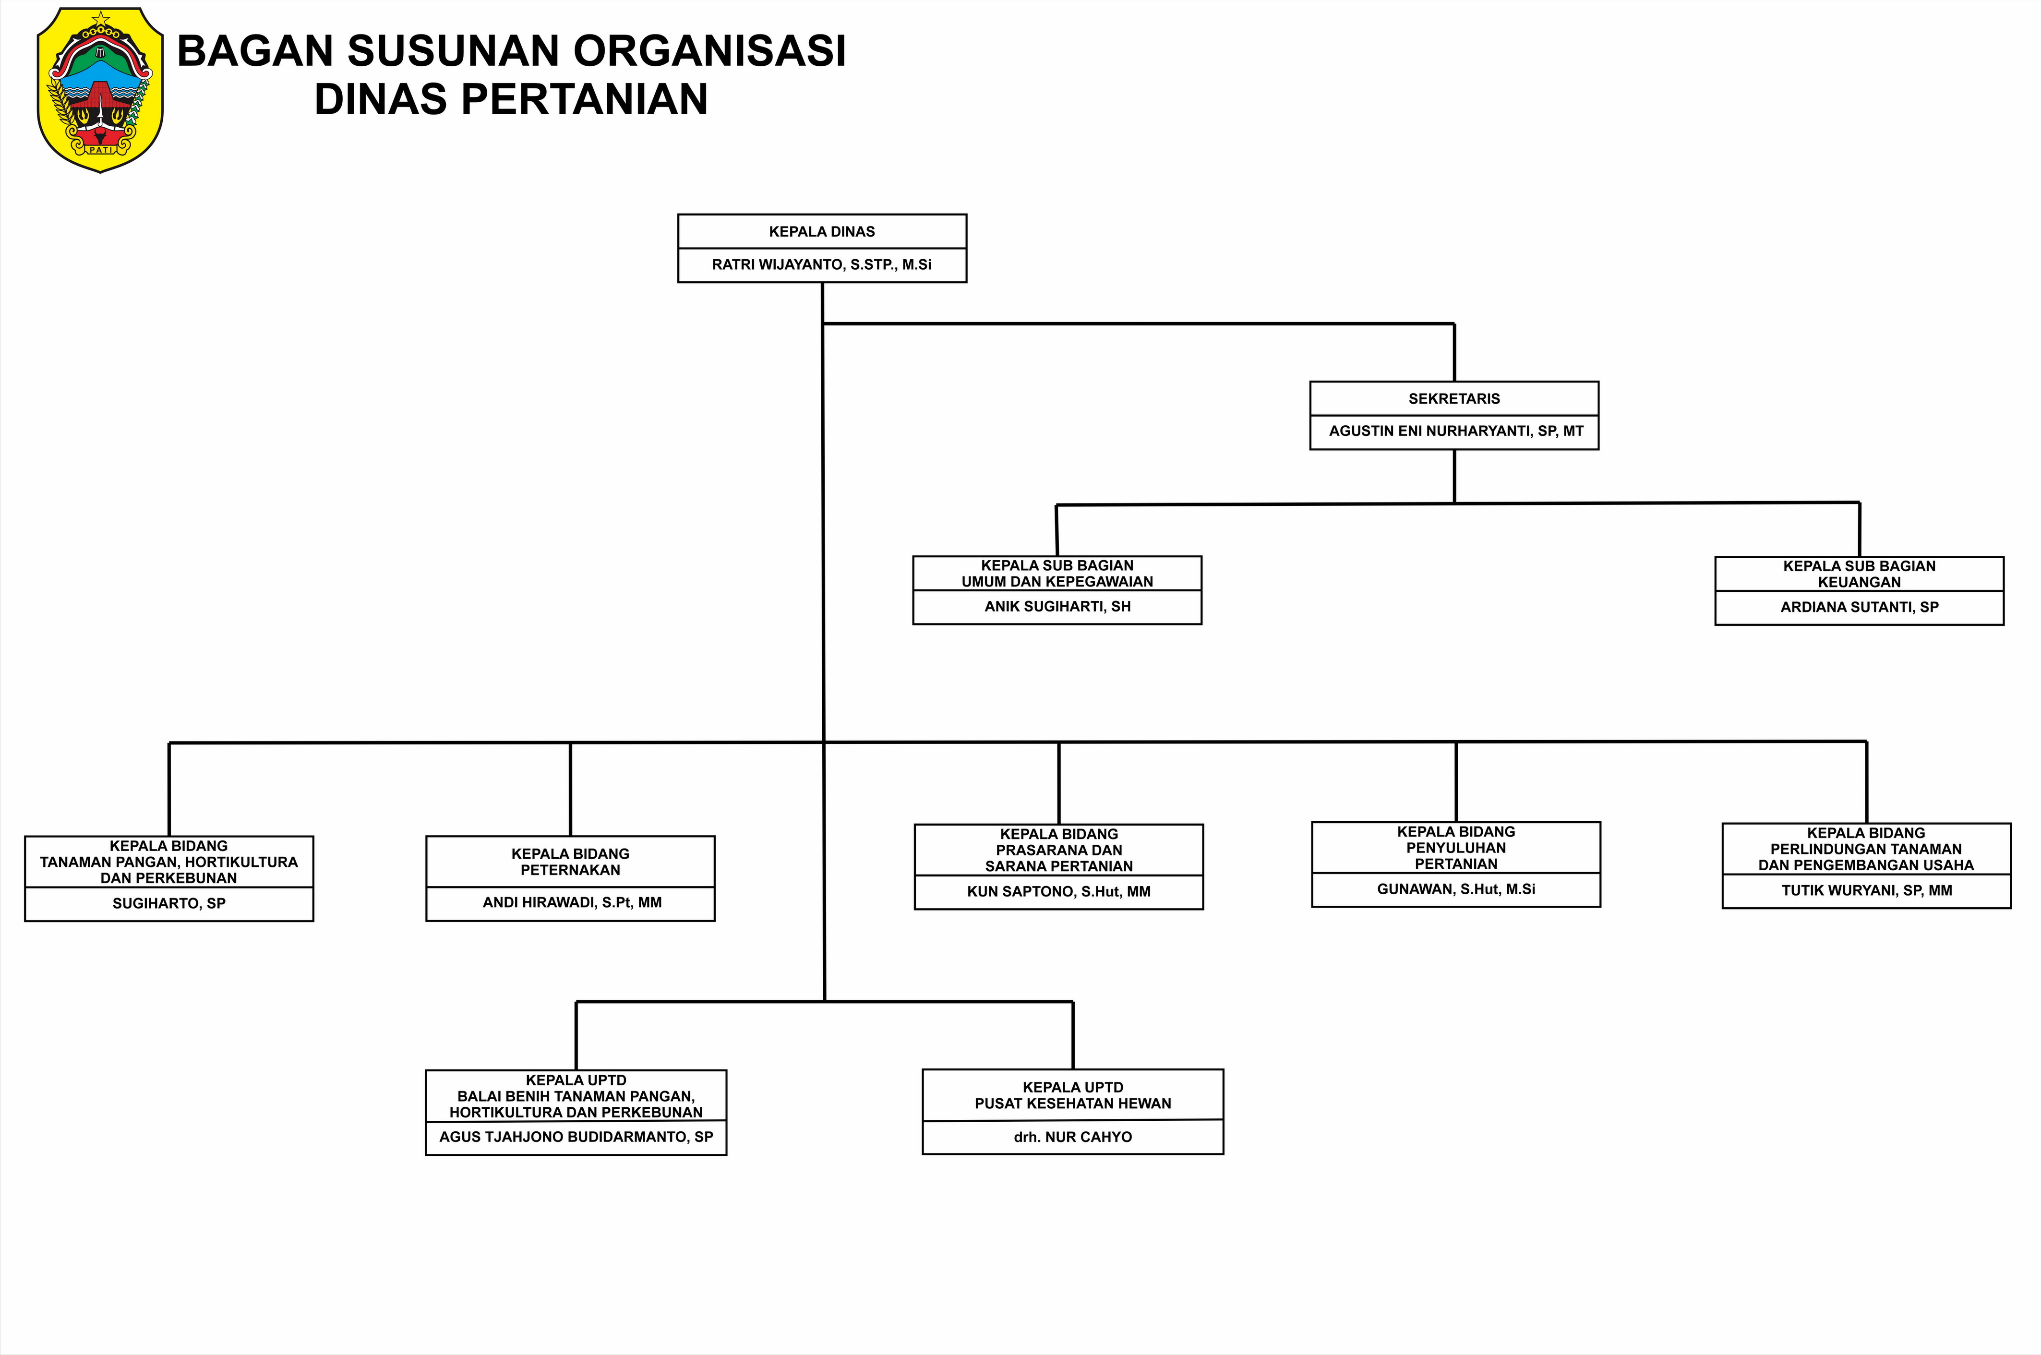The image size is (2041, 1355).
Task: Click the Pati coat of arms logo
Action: [x=100, y=90]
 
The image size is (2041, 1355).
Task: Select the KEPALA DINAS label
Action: [x=822, y=232]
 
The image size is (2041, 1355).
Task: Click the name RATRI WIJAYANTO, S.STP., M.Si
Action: [x=822, y=264]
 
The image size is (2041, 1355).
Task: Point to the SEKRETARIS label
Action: [x=1454, y=398]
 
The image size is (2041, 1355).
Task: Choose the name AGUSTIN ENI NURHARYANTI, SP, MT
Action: [x=1456, y=431]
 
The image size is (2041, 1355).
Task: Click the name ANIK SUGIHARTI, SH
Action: [x=1057, y=607]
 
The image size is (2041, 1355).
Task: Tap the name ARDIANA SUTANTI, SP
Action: [x=1860, y=608]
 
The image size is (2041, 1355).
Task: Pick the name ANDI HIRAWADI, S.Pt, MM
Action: [x=572, y=903]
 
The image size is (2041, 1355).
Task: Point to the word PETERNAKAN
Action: [x=570, y=870]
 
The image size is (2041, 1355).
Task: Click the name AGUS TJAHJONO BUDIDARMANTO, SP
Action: [x=576, y=1137]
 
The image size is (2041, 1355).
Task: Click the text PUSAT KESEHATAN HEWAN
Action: [x=1073, y=1103]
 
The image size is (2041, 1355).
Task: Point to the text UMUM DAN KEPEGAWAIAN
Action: [x=1057, y=582]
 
